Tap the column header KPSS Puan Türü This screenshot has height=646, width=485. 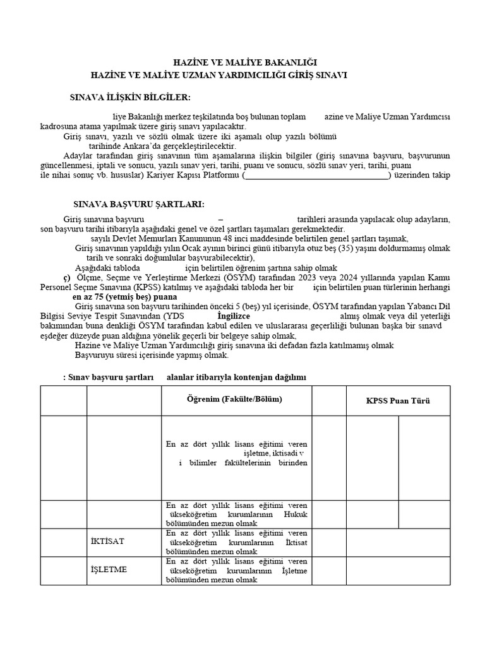click(x=398, y=401)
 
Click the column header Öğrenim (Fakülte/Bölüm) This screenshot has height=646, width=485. click(x=234, y=399)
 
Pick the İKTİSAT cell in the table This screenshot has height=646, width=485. click(x=108, y=542)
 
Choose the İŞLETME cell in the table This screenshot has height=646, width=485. click(x=109, y=570)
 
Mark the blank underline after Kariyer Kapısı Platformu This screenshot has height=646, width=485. click(x=317, y=175)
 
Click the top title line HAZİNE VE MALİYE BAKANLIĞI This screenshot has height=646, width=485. click(x=245, y=62)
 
